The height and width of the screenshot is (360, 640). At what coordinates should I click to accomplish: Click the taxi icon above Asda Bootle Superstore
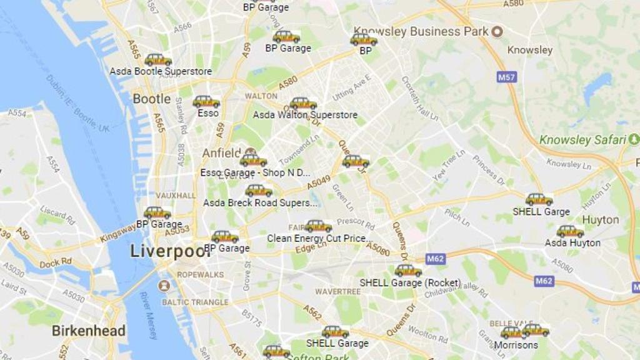pos(158,60)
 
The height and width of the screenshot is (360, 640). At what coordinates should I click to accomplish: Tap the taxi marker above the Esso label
pos(206,101)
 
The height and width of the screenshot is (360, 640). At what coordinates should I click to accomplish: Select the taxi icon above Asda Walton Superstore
pos(303,104)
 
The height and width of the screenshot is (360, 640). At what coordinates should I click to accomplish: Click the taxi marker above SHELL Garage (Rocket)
pos(408,271)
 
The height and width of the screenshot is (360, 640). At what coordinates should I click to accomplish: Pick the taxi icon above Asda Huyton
pos(570,231)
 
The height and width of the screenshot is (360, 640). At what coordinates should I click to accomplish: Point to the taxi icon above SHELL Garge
pos(539,200)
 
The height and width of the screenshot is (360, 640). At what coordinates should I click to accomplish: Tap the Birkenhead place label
pos(88,331)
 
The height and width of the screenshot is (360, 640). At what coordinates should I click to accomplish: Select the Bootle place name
pos(151,99)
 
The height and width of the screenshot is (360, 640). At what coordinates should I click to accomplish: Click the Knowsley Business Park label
pos(421,31)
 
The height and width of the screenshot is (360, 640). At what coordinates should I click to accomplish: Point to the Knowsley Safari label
pos(582,140)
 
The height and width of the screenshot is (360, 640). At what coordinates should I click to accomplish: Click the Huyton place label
pos(600,220)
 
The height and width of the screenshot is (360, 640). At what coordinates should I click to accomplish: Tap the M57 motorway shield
pos(507,77)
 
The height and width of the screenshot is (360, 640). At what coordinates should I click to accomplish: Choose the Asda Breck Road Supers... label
pos(261,202)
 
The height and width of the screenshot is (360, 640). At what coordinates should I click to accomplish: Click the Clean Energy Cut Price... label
pos(319,238)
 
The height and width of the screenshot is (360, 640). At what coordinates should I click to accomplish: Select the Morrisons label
pos(516,345)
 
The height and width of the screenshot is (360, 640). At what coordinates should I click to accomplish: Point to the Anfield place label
pos(221,153)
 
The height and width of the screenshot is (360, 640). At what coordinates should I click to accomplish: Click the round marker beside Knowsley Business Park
pos(497,31)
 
